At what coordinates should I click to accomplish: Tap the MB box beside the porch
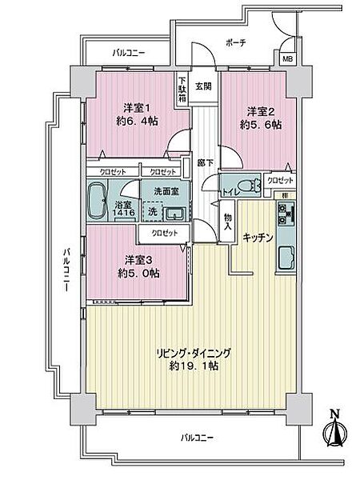click(x=286, y=58)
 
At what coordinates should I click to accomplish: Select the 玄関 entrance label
click(x=203, y=86)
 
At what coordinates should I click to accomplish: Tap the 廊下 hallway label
click(x=204, y=162)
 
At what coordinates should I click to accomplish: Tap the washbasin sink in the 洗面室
click(x=174, y=213)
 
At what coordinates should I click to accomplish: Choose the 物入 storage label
click(x=228, y=223)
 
